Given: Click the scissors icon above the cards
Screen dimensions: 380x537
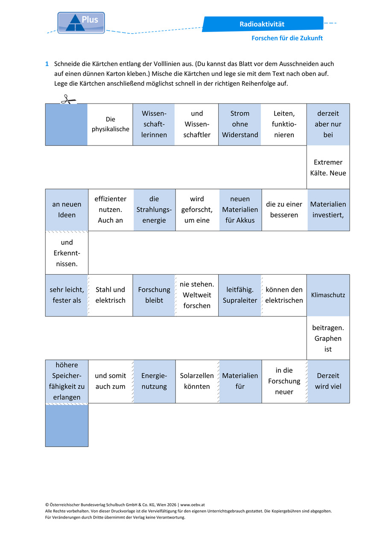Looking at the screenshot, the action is (x=68, y=99).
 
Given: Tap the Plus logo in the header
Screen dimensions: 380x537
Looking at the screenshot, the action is (x=81, y=23).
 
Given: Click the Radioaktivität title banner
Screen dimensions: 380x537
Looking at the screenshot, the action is (x=263, y=24).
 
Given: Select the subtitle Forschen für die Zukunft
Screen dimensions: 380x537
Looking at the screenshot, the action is (x=287, y=38).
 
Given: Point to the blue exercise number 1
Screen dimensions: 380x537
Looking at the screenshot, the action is (x=47, y=64).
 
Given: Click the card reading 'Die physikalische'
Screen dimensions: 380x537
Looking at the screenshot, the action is (x=110, y=125).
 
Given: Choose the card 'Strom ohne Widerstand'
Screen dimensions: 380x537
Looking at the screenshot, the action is (x=240, y=125).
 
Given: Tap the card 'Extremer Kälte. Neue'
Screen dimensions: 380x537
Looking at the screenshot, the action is (x=328, y=167).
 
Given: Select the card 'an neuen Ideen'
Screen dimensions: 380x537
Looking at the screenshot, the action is (x=67, y=210).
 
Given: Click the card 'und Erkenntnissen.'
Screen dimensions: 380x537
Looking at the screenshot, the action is (x=67, y=253).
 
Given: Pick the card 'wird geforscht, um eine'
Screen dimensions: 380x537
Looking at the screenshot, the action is (x=197, y=210).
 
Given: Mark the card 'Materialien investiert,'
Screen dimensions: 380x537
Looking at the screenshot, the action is (x=328, y=210).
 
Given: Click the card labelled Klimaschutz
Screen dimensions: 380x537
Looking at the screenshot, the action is (x=328, y=295).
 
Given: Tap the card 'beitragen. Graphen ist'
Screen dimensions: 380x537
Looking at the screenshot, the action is (x=328, y=338).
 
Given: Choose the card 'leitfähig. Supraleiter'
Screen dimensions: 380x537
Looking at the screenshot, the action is (x=240, y=295).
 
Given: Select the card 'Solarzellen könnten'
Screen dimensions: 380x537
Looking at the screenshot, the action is (x=197, y=381).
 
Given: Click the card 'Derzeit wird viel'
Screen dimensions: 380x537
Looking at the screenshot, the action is (x=328, y=381).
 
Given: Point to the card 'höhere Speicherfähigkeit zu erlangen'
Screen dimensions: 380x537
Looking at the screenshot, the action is (x=67, y=381).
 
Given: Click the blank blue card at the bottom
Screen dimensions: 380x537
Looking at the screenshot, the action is (x=67, y=426).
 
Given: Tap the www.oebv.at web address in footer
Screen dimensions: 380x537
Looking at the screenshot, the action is (x=193, y=505).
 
